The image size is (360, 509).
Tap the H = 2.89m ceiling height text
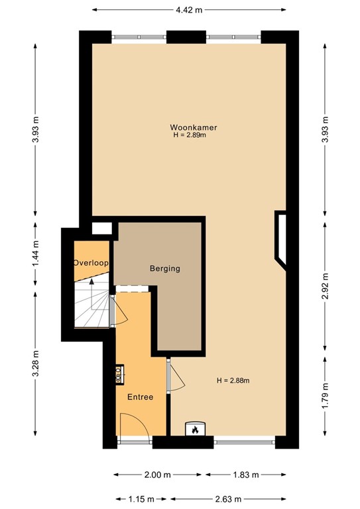(190, 135)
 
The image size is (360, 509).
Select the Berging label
(164, 268)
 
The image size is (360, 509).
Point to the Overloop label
(91, 263)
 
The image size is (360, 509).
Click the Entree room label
(141, 397)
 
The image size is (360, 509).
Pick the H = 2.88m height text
(237, 380)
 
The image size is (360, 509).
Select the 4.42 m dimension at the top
(189, 9)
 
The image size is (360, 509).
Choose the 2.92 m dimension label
(324, 287)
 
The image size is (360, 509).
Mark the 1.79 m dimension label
(324, 396)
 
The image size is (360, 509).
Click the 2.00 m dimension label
(158, 475)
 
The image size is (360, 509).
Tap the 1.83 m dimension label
(245, 475)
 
